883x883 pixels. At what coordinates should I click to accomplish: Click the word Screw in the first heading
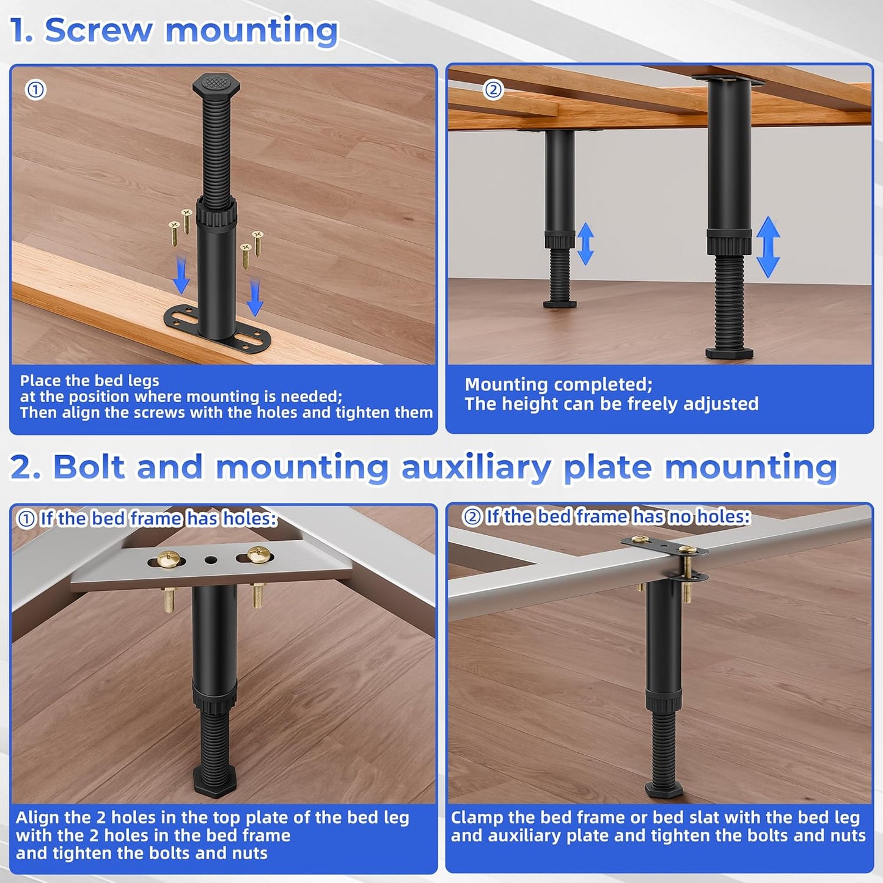(98, 30)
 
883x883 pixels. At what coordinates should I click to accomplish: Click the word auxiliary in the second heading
(476, 467)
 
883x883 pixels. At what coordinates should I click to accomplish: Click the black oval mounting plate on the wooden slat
(217, 326)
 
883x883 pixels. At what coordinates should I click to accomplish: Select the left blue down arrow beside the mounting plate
(181, 275)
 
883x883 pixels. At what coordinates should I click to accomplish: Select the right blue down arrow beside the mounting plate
(255, 298)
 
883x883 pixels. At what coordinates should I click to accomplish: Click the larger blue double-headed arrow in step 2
(768, 247)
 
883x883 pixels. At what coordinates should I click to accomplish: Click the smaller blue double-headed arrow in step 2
(585, 243)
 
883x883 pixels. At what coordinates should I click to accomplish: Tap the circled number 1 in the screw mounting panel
(35, 90)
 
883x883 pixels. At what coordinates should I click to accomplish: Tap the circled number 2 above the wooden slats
(493, 90)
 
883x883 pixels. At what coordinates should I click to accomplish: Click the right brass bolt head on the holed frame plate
(258, 555)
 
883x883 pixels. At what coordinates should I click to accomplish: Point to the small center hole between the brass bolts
(211, 560)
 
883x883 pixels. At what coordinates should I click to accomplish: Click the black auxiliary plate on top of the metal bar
(663, 545)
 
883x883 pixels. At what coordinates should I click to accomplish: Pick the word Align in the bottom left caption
(38, 818)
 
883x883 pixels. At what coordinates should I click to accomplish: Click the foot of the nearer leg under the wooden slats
(729, 352)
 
